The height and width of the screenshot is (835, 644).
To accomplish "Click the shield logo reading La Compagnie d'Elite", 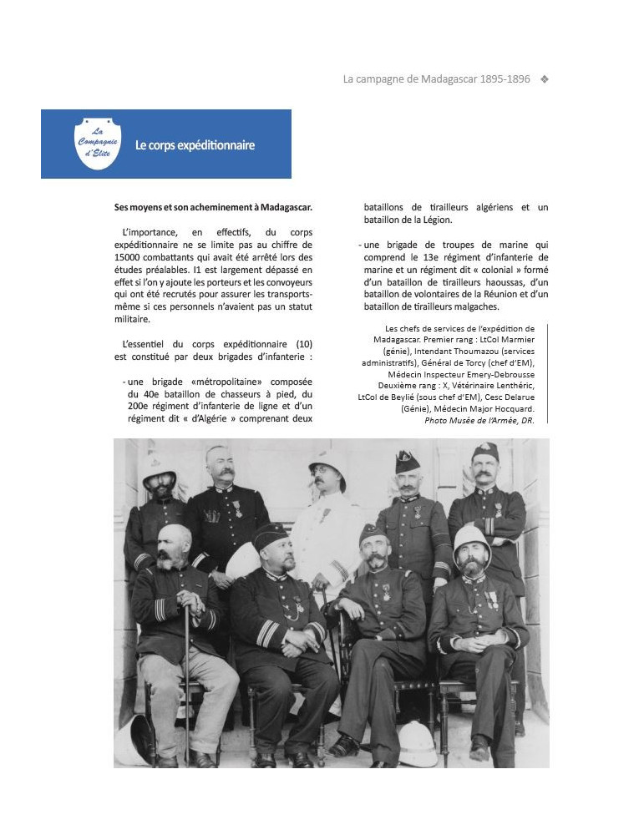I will [98, 144].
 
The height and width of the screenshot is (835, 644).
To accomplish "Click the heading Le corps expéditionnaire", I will [195, 145].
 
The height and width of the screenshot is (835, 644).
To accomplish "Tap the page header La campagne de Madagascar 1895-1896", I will [436, 79].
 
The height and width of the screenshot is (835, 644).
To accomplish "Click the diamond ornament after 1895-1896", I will [545, 79].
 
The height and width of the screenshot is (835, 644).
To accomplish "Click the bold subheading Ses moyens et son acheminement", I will [213, 207].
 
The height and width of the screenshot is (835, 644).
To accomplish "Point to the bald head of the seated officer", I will [174, 538].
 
